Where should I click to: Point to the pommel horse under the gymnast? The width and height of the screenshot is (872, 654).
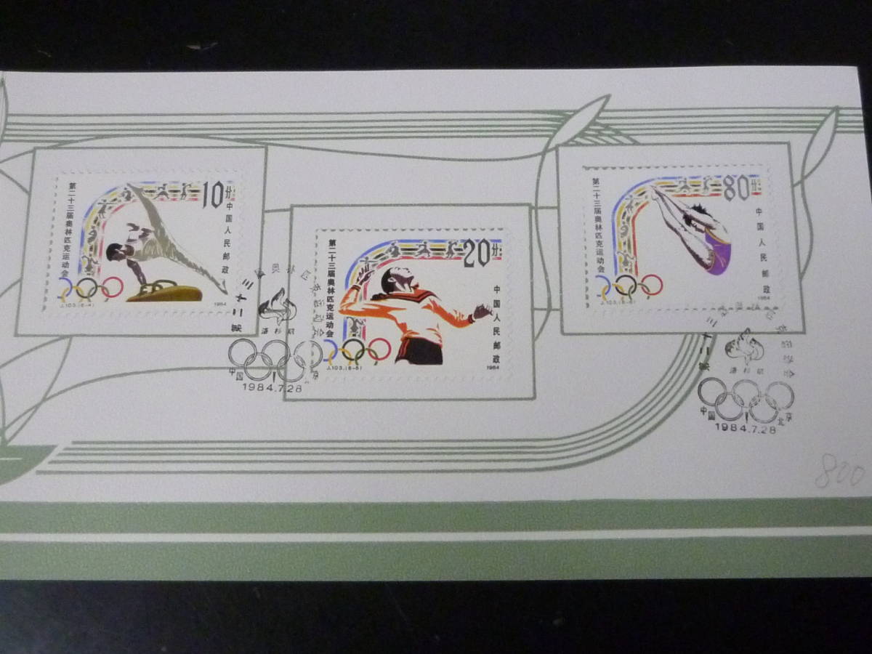click(163, 292)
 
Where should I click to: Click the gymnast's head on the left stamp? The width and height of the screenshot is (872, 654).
click(115, 252)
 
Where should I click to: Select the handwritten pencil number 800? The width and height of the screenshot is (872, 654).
click(839, 475)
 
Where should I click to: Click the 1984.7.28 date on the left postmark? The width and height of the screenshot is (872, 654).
click(269, 387)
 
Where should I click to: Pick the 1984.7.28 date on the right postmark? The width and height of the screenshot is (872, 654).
click(745, 428)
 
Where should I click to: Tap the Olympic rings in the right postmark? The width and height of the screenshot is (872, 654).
click(746, 400)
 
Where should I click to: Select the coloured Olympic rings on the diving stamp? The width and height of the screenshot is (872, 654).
click(629, 285)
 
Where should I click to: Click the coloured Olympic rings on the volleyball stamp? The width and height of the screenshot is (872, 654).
click(355, 350)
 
